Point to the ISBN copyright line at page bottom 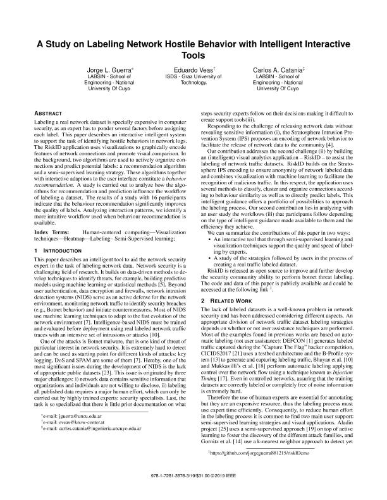click(x=193, y=491)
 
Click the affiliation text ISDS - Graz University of click(x=193, y=76)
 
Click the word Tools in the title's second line click(x=193, y=56)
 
